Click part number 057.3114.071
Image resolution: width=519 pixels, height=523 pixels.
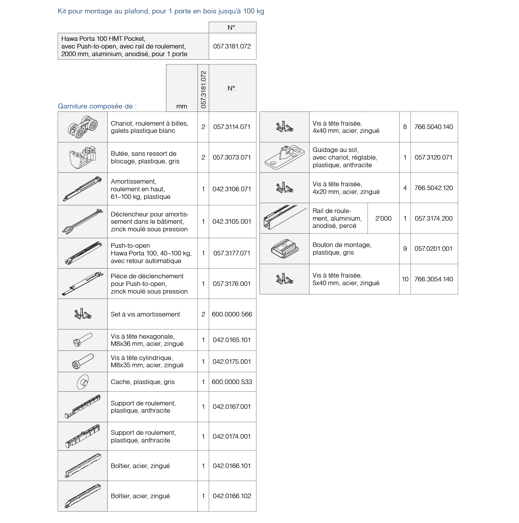pyautogui.click(x=232, y=127)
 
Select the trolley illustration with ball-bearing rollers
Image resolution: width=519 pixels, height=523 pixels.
pyautogui.click(x=82, y=127)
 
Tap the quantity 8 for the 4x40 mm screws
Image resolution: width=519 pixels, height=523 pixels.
pyautogui.click(x=405, y=127)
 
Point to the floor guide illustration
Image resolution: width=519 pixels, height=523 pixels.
pyautogui.click(x=284, y=157)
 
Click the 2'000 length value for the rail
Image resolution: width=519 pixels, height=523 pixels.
pyautogui.click(x=383, y=218)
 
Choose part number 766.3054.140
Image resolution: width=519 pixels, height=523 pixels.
pyautogui.click(x=434, y=279)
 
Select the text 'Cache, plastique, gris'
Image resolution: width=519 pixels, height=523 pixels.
pyautogui.click(x=143, y=382)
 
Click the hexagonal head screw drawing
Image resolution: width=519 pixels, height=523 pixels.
pyautogui.click(x=82, y=340)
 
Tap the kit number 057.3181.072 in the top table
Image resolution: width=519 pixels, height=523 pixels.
pyautogui.click(x=232, y=46)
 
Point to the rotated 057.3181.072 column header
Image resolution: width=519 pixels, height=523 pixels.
pyautogui.click(x=203, y=89)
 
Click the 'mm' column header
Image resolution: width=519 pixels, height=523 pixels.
pyautogui.click(x=182, y=106)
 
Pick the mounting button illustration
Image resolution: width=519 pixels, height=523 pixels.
pyautogui.click(x=284, y=249)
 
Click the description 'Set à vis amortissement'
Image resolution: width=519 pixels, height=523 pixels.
pyautogui.click(x=145, y=314)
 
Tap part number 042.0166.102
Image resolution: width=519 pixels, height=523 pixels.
pyautogui.click(x=232, y=496)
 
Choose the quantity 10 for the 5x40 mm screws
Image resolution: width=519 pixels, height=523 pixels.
pyautogui.click(x=405, y=279)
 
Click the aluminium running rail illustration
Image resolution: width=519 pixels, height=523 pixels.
pyautogui.click(x=284, y=218)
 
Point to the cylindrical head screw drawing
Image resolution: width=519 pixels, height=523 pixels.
pyautogui.click(x=82, y=361)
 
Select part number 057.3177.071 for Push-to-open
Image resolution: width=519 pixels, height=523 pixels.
pyautogui.click(x=232, y=253)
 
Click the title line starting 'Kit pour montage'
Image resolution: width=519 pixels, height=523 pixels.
pyautogui.click(x=161, y=11)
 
